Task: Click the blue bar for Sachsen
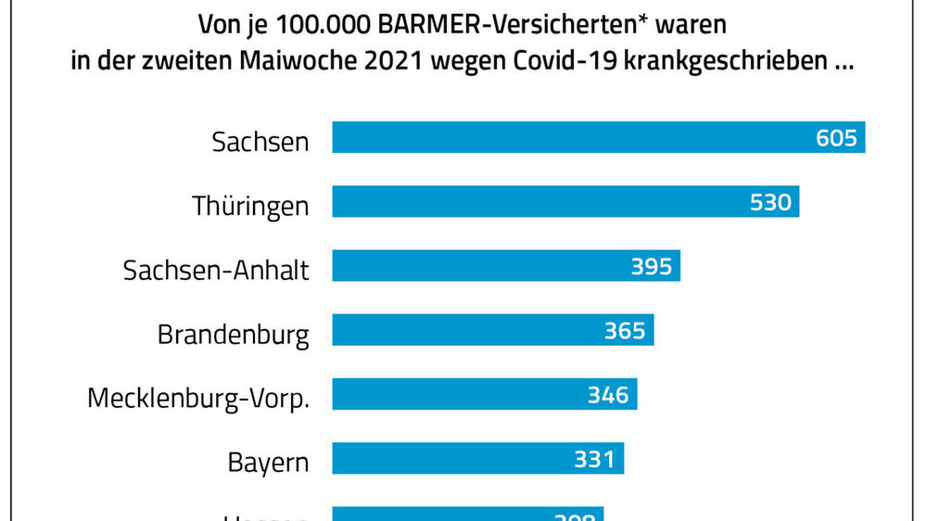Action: click(556, 138)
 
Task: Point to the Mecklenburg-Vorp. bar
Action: click(454, 394)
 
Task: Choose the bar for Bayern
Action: click(445, 458)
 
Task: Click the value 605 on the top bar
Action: click(837, 138)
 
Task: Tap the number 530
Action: click(771, 202)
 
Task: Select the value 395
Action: click(652, 266)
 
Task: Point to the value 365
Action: click(625, 330)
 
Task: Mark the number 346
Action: click(608, 394)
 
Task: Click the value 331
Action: click(594, 458)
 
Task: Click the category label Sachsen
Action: click(260, 142)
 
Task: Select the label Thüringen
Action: click(250, 206)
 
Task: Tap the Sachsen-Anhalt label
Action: click(216, 270)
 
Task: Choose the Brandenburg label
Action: click(234, 334)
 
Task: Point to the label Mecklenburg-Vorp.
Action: click(198, 398)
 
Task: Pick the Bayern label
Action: click(268, 462)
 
